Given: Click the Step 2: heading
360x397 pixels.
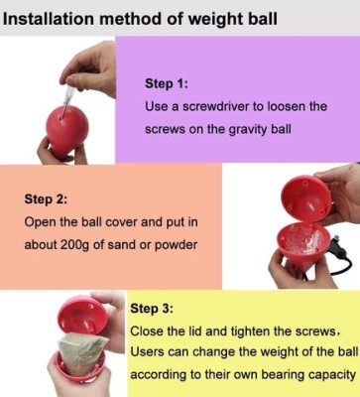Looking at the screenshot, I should [x=46, y=198].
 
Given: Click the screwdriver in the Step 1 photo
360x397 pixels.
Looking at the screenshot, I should [x=63, y=80].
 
